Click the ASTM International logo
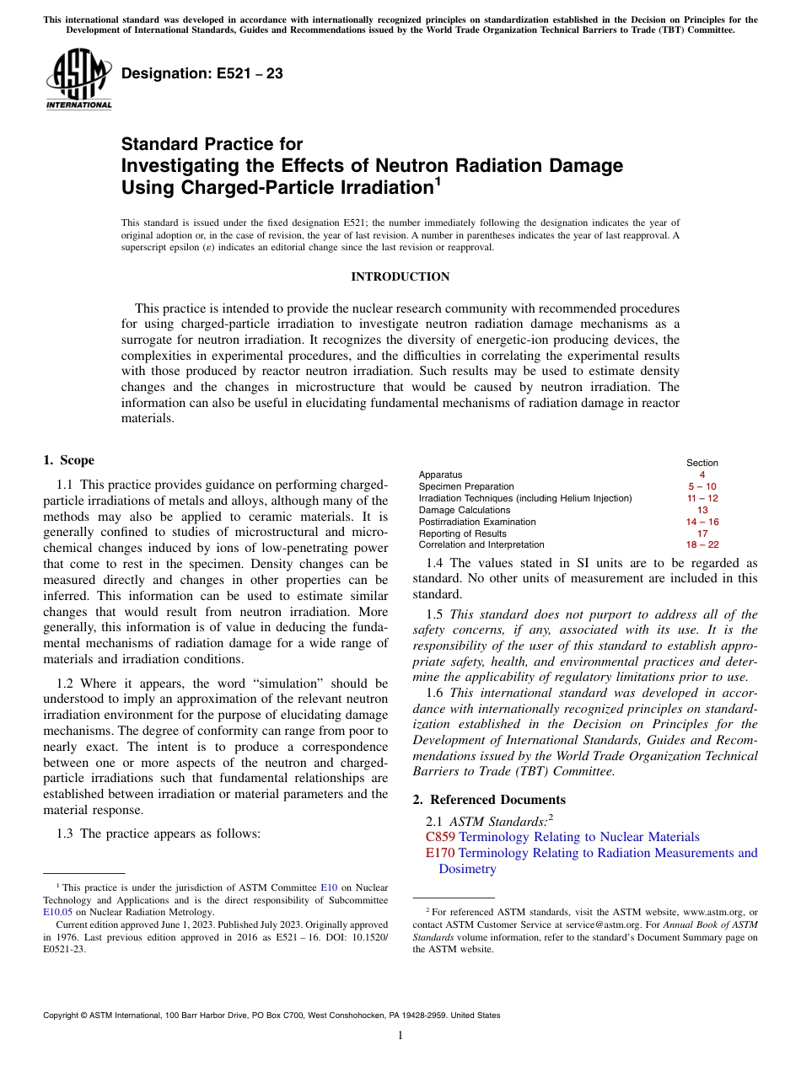78,80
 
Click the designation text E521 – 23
202,74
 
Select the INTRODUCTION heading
400,277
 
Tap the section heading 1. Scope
68,460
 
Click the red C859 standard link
440,837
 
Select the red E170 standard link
440,853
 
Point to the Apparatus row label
440,475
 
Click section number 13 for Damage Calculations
702,510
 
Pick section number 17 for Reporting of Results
702,533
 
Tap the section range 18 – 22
702,545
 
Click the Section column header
702,463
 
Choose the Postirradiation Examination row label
477,522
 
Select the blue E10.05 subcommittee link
57,912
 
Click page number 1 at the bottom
400,1036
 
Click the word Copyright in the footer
63,1016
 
